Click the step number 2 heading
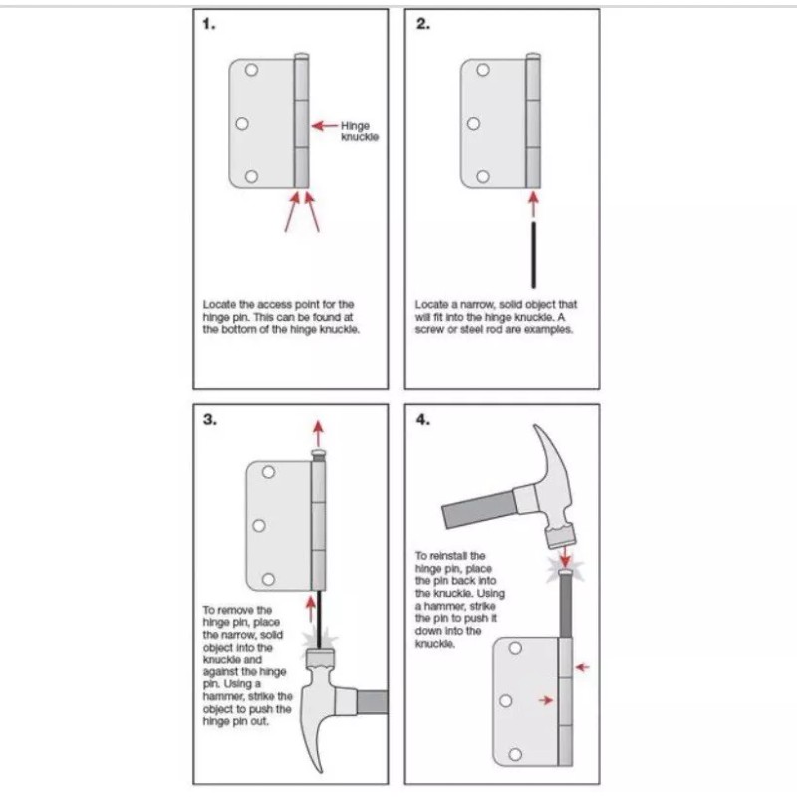422,25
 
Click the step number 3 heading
209,419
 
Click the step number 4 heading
423,419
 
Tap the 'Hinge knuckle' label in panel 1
358,132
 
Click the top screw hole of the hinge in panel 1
251,72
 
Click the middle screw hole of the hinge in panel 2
473,125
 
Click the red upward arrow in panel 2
535,205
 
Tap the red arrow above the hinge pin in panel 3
318,434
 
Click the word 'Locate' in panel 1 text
218,303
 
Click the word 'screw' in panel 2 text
431,329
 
